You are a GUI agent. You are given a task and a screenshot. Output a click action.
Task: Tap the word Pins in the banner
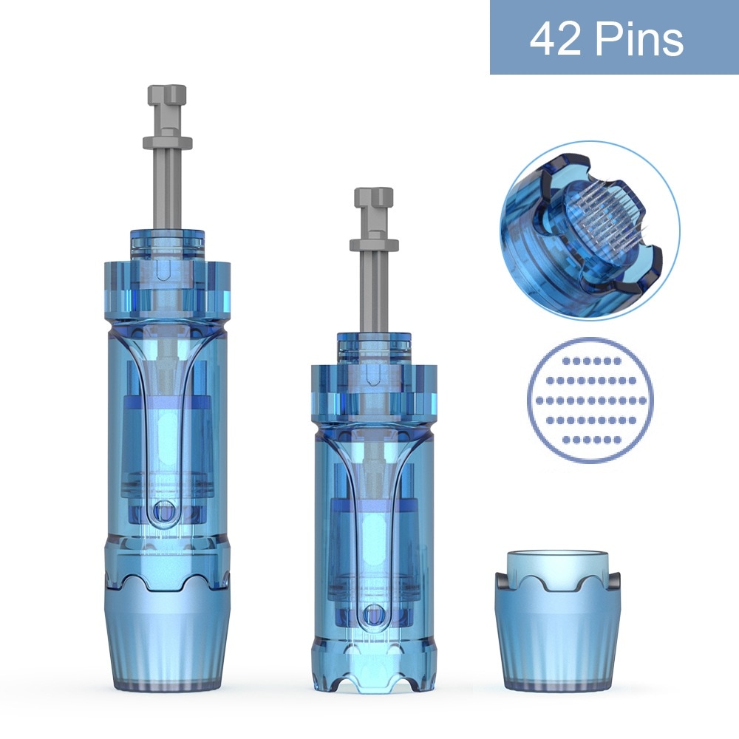pos(639,38)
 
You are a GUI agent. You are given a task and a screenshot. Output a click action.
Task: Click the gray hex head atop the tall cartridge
pos(167,95)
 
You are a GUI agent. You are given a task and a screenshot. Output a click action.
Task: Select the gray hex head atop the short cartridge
pos(374,198)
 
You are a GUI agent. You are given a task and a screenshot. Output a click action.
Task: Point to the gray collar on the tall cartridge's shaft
pos(167,143)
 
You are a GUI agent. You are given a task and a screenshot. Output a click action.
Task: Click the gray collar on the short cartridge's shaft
pos(374,245)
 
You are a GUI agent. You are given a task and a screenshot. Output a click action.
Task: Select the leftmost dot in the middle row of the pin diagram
pos(539,401)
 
